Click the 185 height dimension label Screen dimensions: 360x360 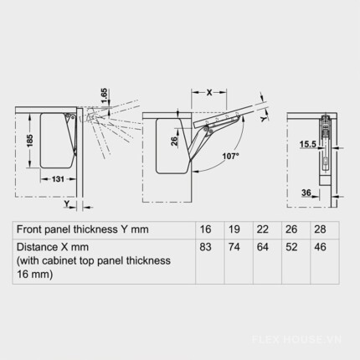point(30,141)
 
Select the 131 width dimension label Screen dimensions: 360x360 point(58,179)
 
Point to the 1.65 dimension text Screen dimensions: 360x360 point(104,95)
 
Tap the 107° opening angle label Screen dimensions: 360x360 point(231,157)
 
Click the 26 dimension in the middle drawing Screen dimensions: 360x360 point(174,141)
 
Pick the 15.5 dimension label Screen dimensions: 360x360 point(308,144)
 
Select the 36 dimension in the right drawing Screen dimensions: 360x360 point(306,193)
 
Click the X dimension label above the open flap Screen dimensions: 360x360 point(209,93)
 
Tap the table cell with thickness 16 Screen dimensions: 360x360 point(205,229)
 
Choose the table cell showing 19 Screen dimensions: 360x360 point(234,229)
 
